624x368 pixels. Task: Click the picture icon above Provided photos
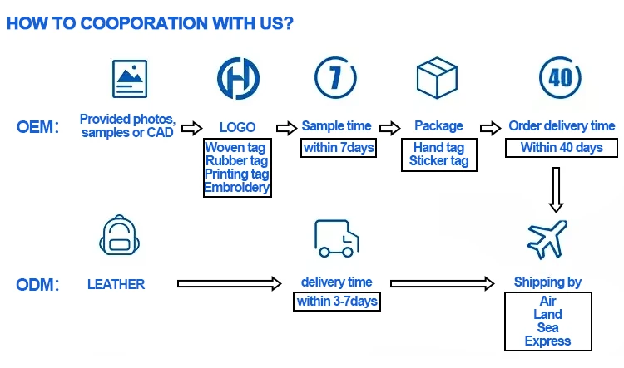(x=129, y=79)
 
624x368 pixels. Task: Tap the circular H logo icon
(x=238, y=77)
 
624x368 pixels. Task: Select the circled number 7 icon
(x=335, y=77)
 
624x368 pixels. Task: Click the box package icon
(x=438, y=78)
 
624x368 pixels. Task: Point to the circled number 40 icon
(x=560, y=76)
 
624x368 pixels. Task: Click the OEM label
(x=37, y=127)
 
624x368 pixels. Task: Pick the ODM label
(x=37, y=285)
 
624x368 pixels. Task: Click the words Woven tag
(x=237, y=148)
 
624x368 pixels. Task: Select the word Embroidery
(x=237, y=187)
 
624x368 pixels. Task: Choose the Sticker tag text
(x=438, y=161)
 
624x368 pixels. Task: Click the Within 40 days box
(x=562, y=148)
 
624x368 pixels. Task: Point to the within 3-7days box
(x=336, y=301)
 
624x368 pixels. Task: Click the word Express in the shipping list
(x=547, y=341)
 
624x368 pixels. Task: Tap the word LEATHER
(x=116, y=284)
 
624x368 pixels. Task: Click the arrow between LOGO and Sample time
(x=286, y=128)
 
